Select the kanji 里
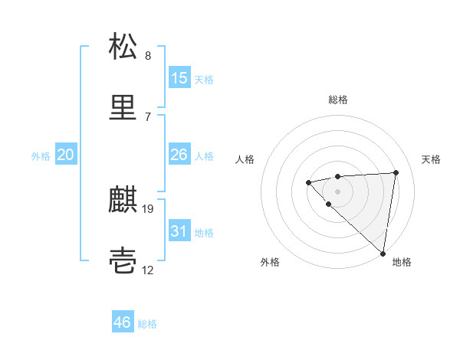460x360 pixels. tap(123, 108)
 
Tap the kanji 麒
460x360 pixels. tap(123, 200)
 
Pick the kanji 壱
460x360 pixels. tap(123, 261)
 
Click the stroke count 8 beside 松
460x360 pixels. tap(148, 56)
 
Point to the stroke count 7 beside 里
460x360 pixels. tap(148, 117)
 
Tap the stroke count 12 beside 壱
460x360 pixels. tap(149, 270)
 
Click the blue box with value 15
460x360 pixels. tap(179, 78)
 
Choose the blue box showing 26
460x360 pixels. tap(179, 155)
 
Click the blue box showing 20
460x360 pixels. tap(65, 155)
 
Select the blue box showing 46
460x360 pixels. tap(123, 322)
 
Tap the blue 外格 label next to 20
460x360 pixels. tap(41, 156)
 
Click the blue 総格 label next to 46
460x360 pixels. tap(147, 324)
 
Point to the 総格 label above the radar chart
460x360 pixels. tap(338, 100)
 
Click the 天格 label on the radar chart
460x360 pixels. tap(432, 159)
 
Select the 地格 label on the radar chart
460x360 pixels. tap(402, 262)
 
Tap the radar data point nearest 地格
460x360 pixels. tap(383, 253)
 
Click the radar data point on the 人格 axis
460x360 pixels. tap(308, 182)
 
